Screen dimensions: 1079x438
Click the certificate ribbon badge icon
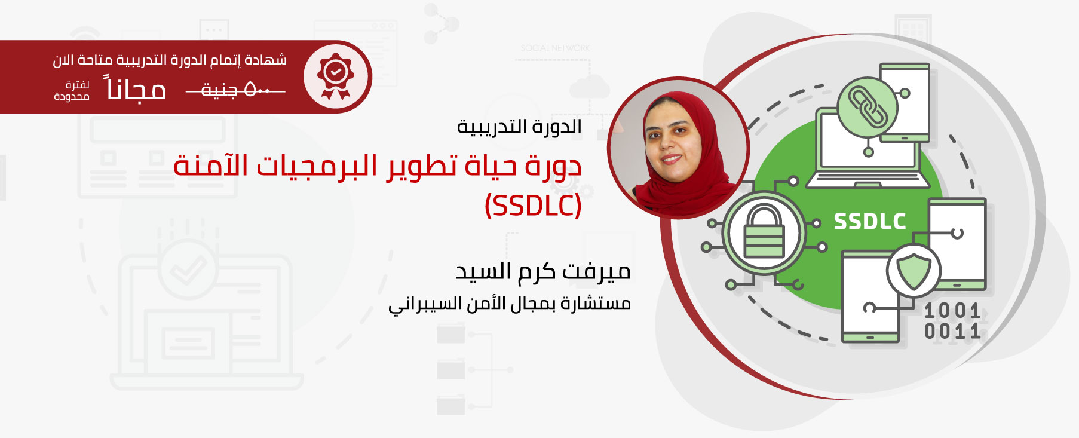tap(335, 76)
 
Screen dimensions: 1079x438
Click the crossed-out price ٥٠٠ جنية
tap(235, 90)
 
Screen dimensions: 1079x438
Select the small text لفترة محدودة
tap(72, 91)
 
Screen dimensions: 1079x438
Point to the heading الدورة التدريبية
tap(519, 127)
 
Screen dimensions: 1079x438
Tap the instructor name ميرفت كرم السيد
tap(543, 271)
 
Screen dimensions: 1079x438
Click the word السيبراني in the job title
tap(422, 304)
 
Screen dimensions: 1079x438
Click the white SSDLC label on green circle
tap(870, 222)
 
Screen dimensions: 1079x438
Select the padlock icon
tap(764, 231)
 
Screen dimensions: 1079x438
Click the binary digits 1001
tap(952, 311)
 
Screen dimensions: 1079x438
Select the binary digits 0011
tap(952, 331)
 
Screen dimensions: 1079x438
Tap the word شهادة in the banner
tap(267, 60)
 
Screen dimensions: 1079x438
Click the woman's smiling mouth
tap(672, 160)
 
